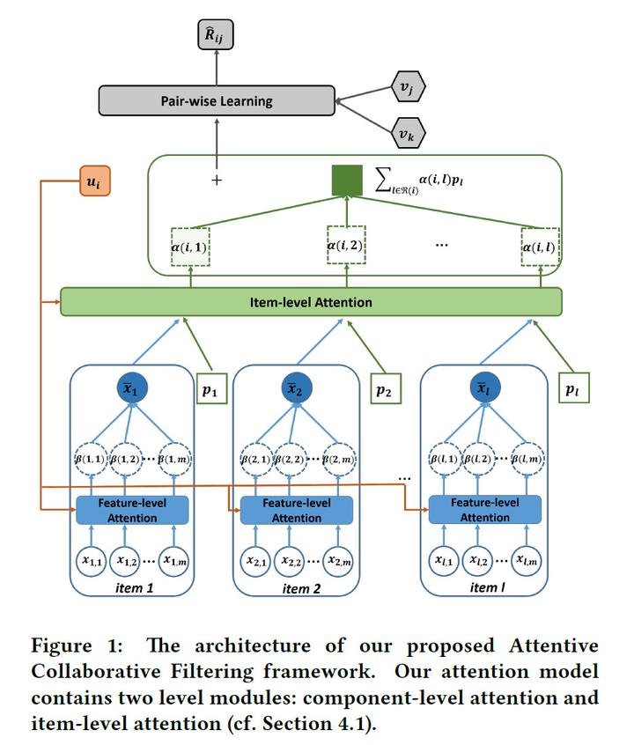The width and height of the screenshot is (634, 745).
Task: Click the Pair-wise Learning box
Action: tap(217, 100)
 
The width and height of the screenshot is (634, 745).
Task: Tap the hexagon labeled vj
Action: tap(407, 88)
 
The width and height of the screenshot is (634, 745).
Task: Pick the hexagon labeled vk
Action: tap(407, 135)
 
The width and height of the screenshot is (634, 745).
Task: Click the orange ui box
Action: tap(92, 181)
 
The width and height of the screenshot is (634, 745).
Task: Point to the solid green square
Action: tap(347, 181)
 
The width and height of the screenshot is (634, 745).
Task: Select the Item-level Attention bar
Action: tap(310, 302)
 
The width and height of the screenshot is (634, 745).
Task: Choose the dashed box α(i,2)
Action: tap(345, 245)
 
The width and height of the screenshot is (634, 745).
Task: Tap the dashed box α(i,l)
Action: tap(540, 248)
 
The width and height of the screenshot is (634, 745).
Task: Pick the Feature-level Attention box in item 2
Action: tap(296, 510)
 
